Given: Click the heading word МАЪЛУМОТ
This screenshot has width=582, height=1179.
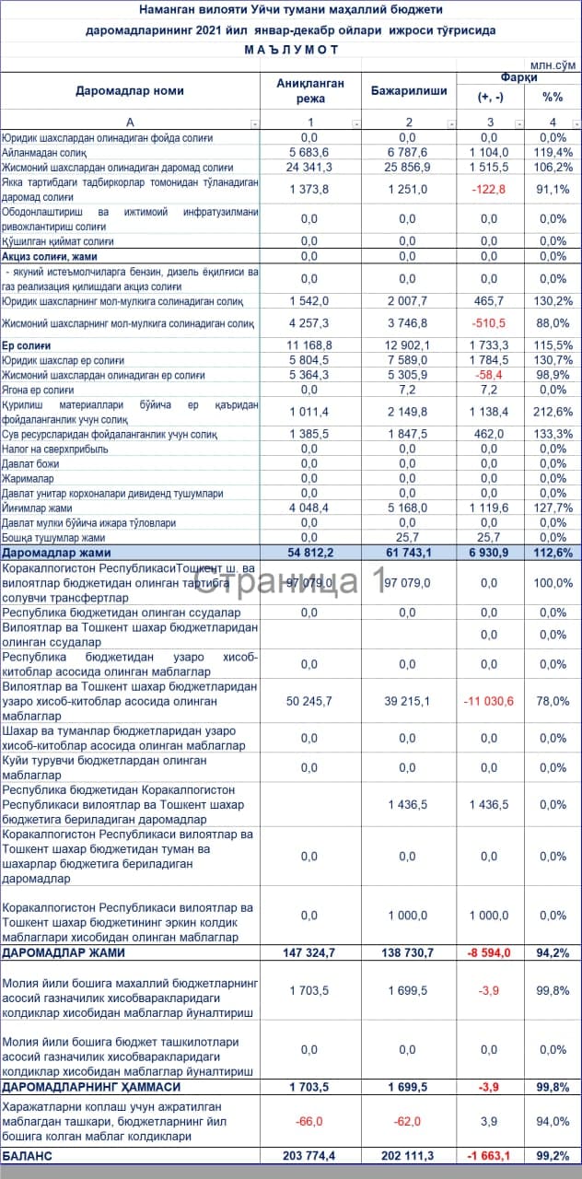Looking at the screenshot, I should tap(290, 49).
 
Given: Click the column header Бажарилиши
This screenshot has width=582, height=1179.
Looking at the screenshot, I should tap(409, 91).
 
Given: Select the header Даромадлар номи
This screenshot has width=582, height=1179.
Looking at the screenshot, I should tap(129, 91).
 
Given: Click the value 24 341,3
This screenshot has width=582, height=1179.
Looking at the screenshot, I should tap(309, 167).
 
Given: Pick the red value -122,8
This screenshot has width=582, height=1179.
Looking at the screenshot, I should tap(488, 189).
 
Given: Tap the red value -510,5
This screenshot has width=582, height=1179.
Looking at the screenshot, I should tap(488, 323).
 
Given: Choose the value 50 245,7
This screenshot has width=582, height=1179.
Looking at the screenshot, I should tap(309, 701).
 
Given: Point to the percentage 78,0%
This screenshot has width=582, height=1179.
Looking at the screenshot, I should tap(553, 701).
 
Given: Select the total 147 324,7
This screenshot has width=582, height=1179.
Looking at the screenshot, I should tap(309, 952).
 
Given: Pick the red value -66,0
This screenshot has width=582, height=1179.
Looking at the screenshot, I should tap(309, 1121).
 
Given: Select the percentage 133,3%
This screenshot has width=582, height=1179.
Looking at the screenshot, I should tap(553, 434).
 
